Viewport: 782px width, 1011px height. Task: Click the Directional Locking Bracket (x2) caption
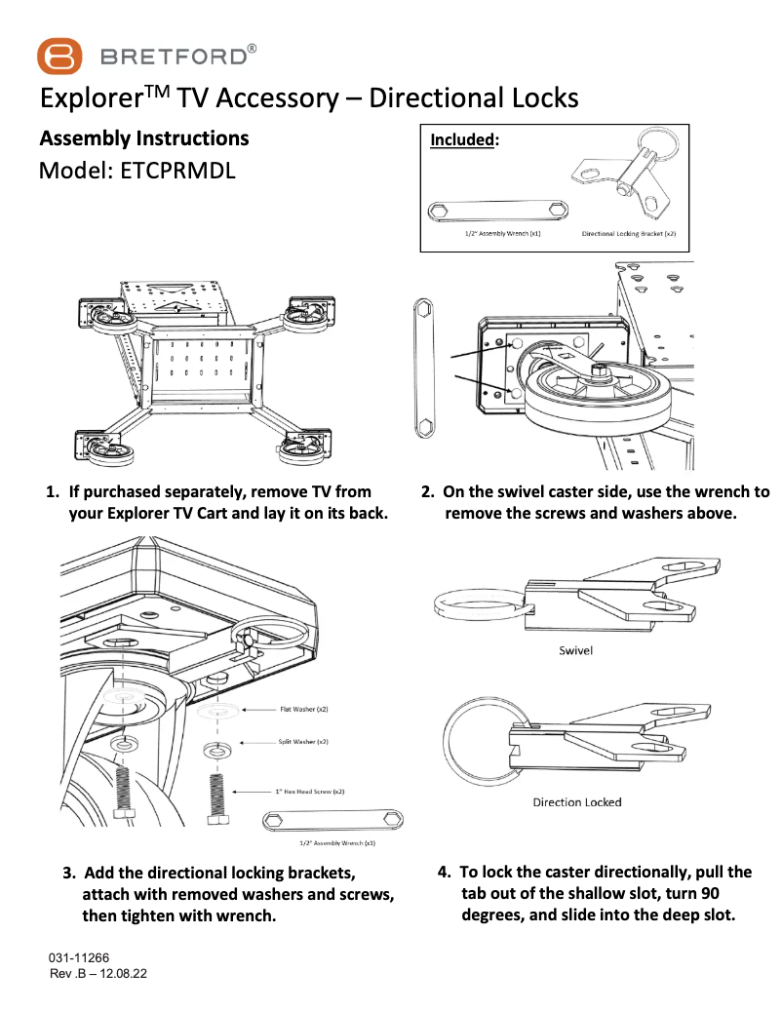coord(628,235)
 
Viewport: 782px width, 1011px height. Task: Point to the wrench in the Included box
coord(497,213)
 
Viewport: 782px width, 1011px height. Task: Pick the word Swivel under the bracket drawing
coord(575,650)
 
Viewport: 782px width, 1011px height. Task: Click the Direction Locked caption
coord(576,802)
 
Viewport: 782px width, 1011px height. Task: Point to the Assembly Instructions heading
coord(143,138)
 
